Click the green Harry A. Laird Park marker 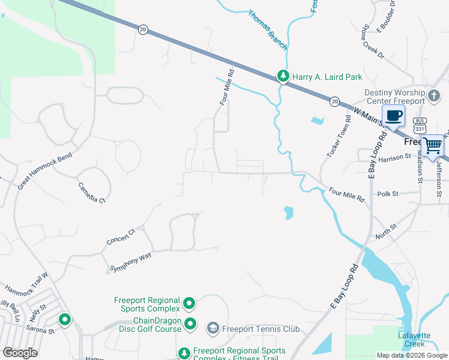(283, 76)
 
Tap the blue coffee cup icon (393, 116)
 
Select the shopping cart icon (432, 145)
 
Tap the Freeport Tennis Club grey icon (212, 328)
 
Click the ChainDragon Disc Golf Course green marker (190, 325)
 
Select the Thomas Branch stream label (268, 30)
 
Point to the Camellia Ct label (92, 192)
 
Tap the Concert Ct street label (121, 236)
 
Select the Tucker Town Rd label (338, 142)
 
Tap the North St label (385, 231)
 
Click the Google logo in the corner (20, 353)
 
